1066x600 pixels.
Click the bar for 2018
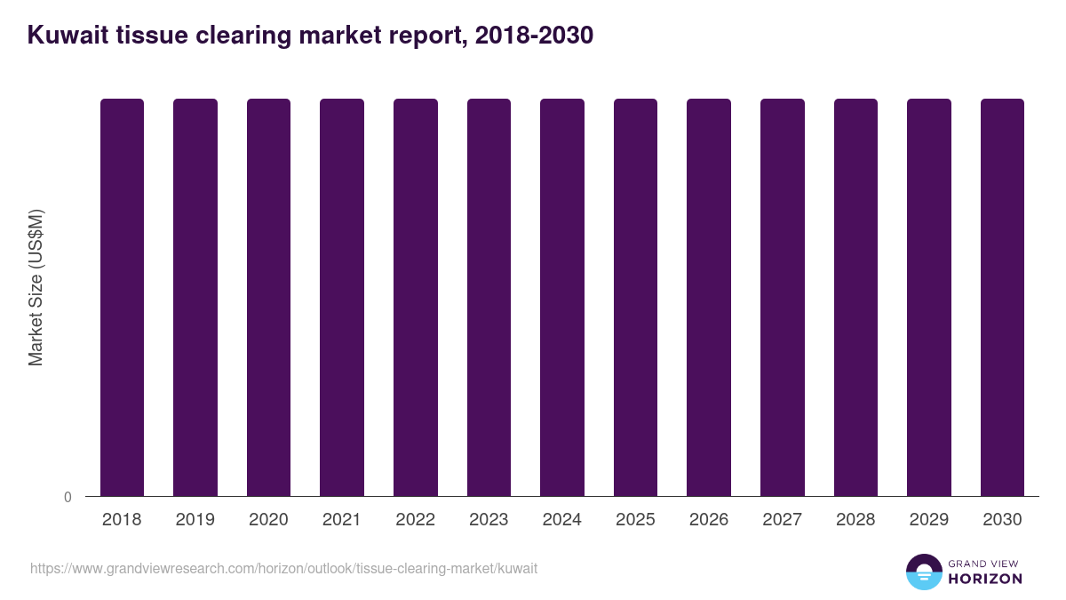coord(122,297)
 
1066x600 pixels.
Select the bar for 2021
coord(342,297)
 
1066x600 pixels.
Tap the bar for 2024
coord(562,297)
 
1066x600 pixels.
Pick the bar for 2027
coord(783,297)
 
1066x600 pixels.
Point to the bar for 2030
coord(1002,297)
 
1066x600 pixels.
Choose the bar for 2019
coord(195,297)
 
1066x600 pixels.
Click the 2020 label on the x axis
coord(268,520)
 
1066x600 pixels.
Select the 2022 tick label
coord(415,520)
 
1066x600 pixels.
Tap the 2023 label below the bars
coord(489,520)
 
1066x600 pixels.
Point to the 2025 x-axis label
coord(635,520)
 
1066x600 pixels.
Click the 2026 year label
coord(709,520)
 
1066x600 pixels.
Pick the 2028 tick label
coord(855,520)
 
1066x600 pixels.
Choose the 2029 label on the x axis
coord(929,520)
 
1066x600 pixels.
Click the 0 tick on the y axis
coord(68,497)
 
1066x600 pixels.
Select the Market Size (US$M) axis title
coord(36,287)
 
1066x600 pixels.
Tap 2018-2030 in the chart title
coord(534,36)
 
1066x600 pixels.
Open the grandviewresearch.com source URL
coord(283,568)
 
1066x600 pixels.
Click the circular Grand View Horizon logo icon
coord(923,572)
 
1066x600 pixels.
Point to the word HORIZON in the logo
coord(984,579)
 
